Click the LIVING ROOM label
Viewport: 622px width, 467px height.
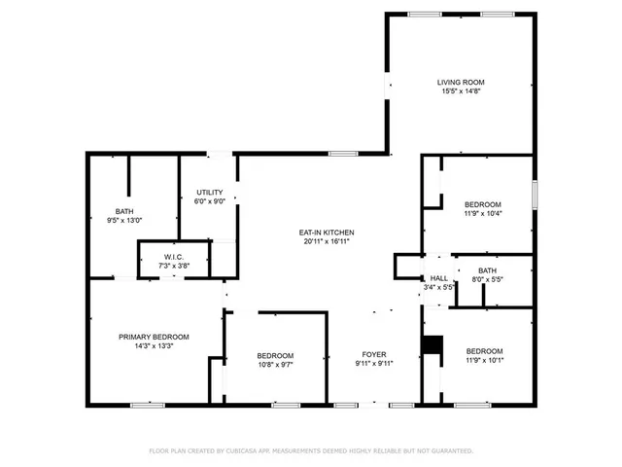point(461,82)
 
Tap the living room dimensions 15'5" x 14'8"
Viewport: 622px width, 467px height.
point(461,90)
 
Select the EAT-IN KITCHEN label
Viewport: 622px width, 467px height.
point(327,232)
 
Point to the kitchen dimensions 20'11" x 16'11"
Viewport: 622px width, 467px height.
point(327,240)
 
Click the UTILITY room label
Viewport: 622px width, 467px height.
point(210,192)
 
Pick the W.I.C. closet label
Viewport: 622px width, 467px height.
point(160,257)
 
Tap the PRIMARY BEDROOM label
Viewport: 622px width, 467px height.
point(154,337)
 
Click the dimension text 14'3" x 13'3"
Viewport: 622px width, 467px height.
point(154,345)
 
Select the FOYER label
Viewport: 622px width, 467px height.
point(374,355)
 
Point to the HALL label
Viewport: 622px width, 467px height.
point(439,278)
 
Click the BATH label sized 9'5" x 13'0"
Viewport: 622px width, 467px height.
point(124,211)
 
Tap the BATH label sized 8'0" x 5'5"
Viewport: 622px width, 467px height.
point(487,270)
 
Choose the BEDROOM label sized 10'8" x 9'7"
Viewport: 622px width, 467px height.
point(275,355)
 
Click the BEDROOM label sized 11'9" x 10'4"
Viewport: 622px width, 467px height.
point(483,203)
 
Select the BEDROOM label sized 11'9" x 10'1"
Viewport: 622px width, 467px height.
point(484,350)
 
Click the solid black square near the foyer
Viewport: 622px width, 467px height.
point(432,345)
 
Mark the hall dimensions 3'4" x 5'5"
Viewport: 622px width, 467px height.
point(440,287)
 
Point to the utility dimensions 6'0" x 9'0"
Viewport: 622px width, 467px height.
point(210,201)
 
